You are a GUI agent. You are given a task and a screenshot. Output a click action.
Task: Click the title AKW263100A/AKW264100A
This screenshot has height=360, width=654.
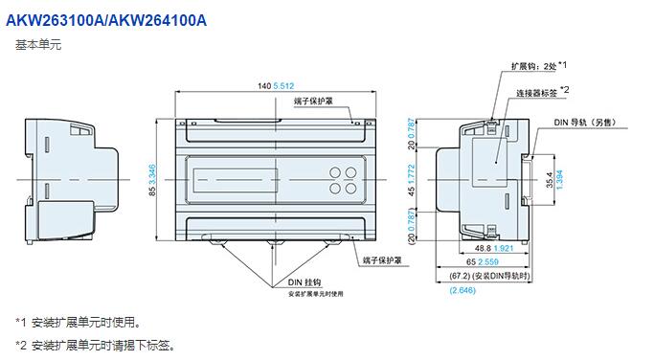point(106,20)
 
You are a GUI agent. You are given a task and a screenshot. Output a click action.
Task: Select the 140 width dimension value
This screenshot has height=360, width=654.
point(264,86)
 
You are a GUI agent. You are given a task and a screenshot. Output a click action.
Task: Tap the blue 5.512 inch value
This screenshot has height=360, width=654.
point(283,86)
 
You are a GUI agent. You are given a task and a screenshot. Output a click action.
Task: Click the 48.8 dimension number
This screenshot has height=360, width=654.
point(483,248)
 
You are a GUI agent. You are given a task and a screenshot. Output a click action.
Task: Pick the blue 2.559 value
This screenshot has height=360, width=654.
point(488,262)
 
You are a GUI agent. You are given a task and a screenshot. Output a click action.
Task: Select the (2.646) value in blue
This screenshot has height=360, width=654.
point(462,290)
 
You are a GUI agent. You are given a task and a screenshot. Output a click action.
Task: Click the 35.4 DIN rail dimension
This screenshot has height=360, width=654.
point(550,179)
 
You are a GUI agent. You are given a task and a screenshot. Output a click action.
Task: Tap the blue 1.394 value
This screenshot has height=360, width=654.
point(560,179)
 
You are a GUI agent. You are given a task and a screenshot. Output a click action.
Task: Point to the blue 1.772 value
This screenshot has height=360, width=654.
point(412,174)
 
